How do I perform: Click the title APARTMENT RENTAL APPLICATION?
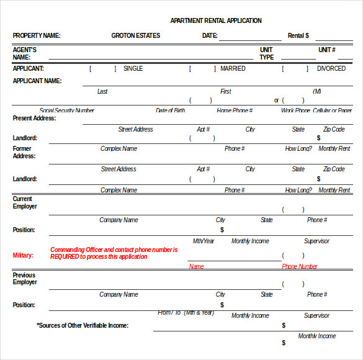[x=216, y=20]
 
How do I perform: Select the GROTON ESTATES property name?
[x=135, y=35]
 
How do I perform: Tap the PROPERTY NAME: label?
[x=37, y=35]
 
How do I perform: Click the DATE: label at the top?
[x=210, y=35]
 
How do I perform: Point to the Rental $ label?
[x=298, y=35]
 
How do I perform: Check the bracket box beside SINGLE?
[x=102, y=69]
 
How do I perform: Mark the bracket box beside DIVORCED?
[x=295, y=69]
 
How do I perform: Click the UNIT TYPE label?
[x=266, y=53]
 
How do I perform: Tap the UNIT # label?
[x=327, y=50]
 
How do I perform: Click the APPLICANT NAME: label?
[x=37, y=81]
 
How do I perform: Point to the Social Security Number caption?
[x=67, y=110]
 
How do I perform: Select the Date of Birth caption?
[x=170, y=110]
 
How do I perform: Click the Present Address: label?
[x=34, y=118]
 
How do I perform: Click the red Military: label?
[x=24, y=255]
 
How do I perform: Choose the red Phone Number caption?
[x=300, y=266]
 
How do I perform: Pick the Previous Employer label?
[x=25, y=279]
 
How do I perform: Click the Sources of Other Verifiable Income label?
[x=83, y=325]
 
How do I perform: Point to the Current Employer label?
[x=25, y=202]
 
